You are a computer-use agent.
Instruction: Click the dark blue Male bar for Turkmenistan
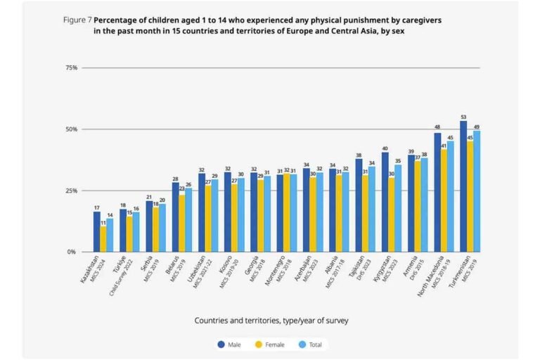point(463,186)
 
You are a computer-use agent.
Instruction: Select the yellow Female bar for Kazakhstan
point(104,239)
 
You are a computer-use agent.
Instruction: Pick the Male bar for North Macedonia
point(437,192)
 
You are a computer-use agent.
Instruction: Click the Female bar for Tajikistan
point(366,213)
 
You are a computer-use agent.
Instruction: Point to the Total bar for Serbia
point(163,228)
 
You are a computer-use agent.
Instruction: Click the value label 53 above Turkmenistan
point(463,117)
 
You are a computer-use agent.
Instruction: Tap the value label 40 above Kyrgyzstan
point(385,148)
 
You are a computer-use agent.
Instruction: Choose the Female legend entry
point(271,345)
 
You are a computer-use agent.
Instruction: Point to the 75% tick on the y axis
point(71,68)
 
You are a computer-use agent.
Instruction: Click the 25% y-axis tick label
point(71,191)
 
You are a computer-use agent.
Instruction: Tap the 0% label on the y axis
point(73,252)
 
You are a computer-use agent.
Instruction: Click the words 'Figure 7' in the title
point(77,20)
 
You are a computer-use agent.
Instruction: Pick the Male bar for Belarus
point(176,217)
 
